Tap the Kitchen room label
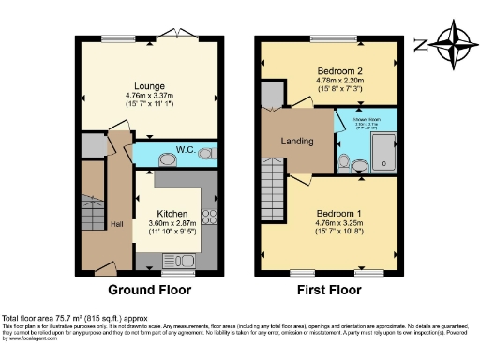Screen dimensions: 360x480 click(170, 213)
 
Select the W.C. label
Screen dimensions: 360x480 click(184, 149)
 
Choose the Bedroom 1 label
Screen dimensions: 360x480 click(336, 213)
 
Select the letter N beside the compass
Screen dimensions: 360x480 click(421, 43)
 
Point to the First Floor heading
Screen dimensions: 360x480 click(329, 290)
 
